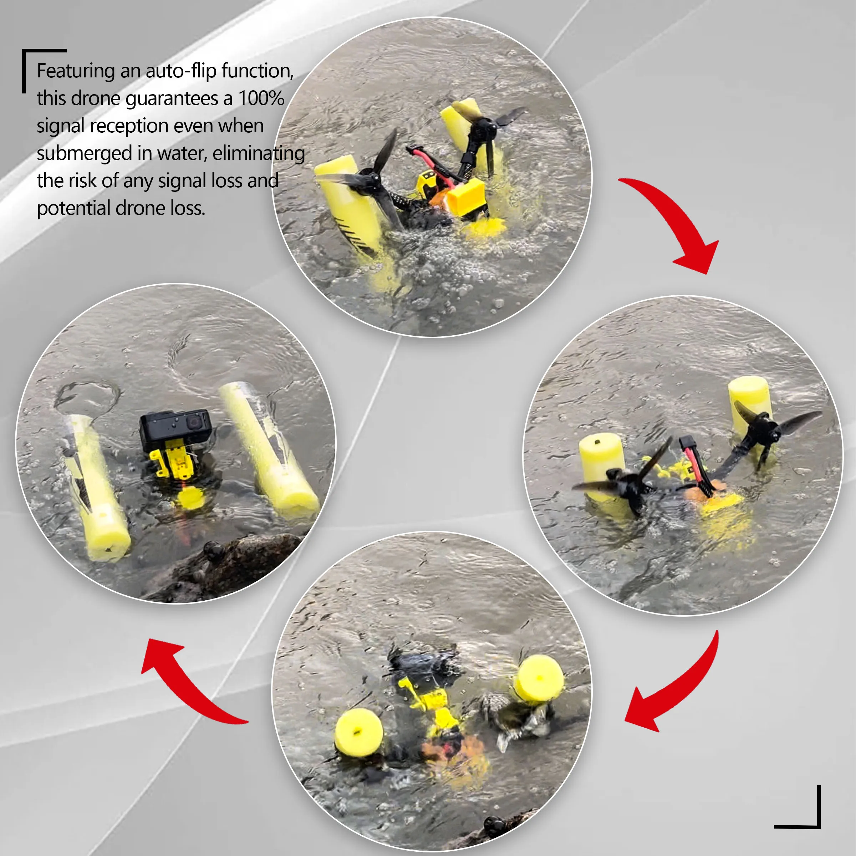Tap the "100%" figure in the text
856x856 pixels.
[x=261, y=98]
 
